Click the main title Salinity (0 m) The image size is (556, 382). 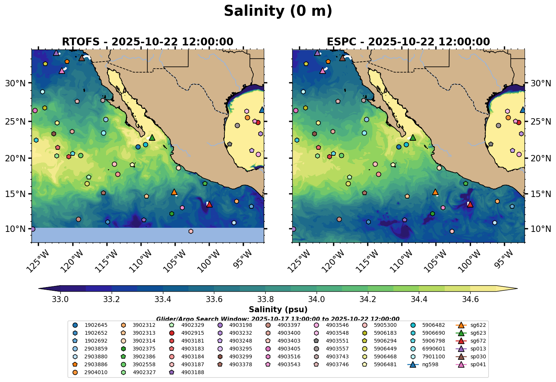(278, 11)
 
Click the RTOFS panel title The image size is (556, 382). (147, 42)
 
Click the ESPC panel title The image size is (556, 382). (408, 42)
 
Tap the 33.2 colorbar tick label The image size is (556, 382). (86, 299)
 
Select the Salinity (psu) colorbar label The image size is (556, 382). (278, 310)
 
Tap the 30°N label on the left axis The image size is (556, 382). (15, 83)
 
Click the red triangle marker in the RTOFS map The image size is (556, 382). (209, 204)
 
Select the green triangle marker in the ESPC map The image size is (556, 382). (413, 138)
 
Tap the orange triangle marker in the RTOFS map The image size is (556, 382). (174, 192)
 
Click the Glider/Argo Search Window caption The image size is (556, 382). (278, 319)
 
